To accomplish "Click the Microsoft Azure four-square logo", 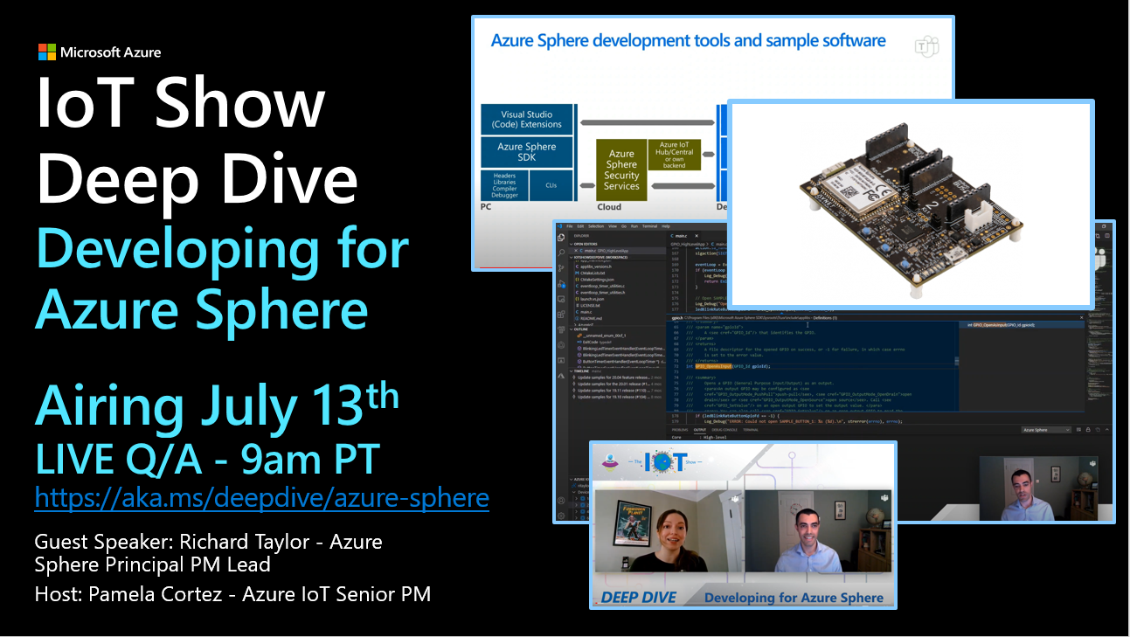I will click(x=47, y=52).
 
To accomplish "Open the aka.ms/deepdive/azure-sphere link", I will click(x=261, y=498).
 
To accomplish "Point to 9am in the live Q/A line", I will click(x=268, y=457).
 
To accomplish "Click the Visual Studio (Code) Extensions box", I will click(x=527, y=120).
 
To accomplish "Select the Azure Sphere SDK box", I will click(x=527, y=152).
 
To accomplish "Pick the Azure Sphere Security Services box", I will click(x=621, y=170).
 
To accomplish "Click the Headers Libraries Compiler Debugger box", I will click(x=504, y=185).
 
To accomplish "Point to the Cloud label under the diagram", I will click(x=609, y=207).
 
